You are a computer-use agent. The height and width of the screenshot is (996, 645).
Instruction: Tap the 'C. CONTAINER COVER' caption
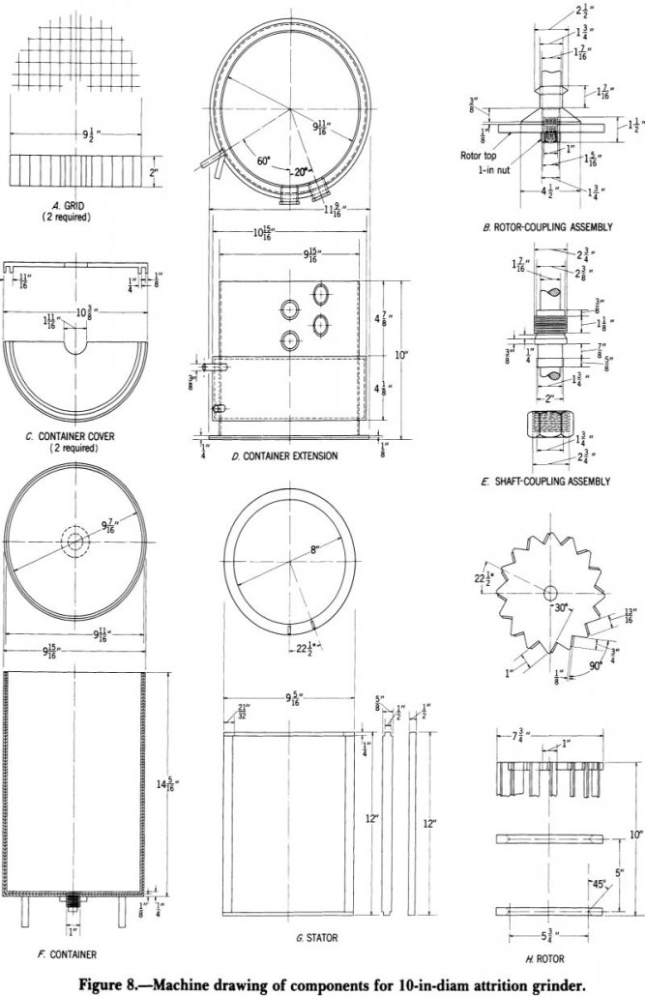[72, 436]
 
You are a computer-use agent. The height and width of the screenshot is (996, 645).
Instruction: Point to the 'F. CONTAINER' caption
[55, 955]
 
